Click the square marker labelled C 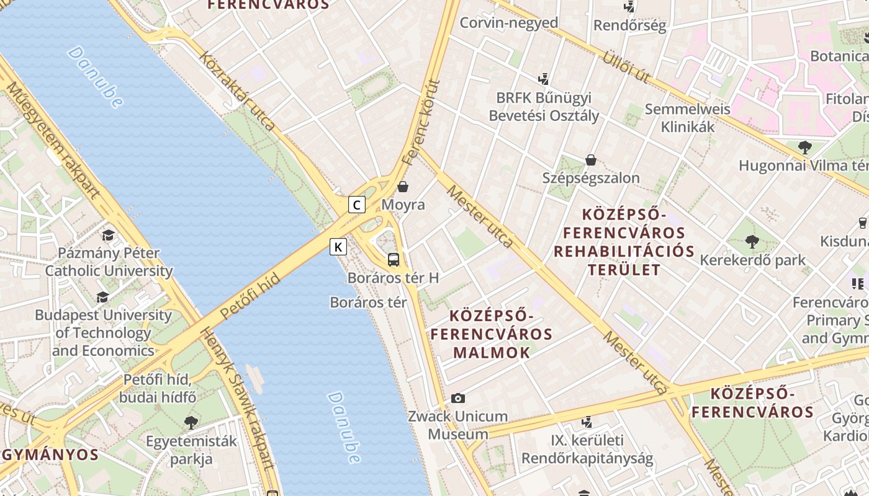[x=356, y=205]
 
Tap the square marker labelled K [x=338, y=247]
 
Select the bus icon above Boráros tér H [x=394, y=259]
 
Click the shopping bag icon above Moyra [x=403, y=186]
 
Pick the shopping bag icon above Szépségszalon [x=591, y=160]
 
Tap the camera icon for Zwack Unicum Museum [x=458, y=398]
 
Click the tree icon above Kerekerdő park [x=752, y=241]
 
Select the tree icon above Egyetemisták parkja [x=191, y=423]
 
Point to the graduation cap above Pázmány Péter [x=109, y=235]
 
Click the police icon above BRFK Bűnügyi [x=544, y=79]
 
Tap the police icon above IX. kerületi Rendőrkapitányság [x=587, y=422]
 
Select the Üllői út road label [x=626, y=66]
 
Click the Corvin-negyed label [x=508, y=23]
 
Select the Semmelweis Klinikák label [x=688, y=118]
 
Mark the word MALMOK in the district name [x=492, y=353]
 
